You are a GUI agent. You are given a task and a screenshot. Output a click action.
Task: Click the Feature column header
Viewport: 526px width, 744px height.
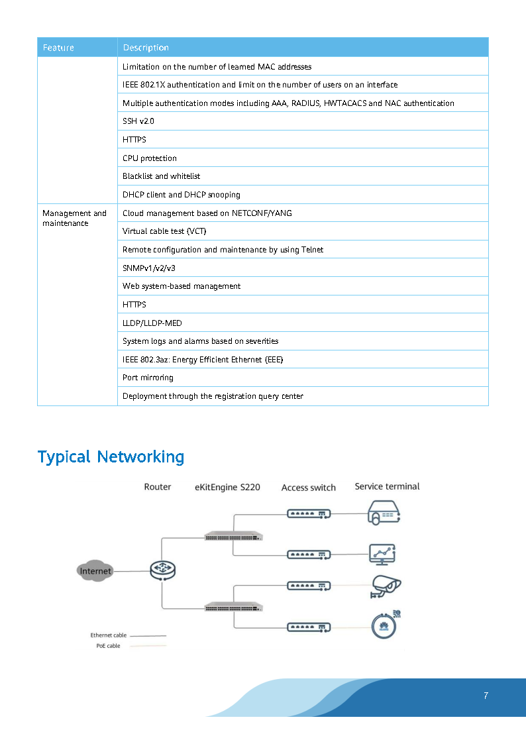tap(58, 48)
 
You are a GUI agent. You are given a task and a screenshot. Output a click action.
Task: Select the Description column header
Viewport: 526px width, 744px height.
tap(146, 48)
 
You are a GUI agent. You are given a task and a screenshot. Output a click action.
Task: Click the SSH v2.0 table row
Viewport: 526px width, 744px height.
tap(138, 121)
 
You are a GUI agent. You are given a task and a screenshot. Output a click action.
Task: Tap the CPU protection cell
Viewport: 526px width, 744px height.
tap(150, 158)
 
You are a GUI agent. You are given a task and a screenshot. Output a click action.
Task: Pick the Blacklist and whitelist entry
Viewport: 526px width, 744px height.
tap(161, 176)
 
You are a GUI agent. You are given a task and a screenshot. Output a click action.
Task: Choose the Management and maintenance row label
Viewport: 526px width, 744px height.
tap(74, 218)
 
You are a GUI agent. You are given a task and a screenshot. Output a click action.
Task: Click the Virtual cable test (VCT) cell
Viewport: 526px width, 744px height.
tap(165, 231)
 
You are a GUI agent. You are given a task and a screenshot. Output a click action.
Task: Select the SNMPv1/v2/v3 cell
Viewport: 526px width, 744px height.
tap(149, 268)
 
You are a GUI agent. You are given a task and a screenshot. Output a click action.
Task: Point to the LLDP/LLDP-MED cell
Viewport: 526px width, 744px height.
tap(152, 323)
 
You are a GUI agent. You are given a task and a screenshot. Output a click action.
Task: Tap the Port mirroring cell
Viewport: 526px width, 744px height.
tap(148, 378)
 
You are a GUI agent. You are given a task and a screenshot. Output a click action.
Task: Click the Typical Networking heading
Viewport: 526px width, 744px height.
tap(111, 456)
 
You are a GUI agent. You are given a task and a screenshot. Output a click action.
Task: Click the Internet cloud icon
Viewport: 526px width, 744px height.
tap(95, 570)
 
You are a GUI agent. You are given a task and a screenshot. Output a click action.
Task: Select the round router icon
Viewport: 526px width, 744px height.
tap(162, 570)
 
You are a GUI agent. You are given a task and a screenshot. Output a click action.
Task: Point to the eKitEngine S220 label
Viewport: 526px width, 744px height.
tap(227, 487)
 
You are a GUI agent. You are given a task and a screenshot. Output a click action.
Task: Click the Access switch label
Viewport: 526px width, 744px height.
tap(308, 488)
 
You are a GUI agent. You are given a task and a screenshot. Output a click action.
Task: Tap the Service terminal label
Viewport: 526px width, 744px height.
tap(387, 486)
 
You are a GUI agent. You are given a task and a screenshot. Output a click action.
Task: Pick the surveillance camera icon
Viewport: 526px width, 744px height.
tap(386, 586)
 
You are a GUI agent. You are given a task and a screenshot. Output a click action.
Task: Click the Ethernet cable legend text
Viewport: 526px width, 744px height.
tap(108, 635)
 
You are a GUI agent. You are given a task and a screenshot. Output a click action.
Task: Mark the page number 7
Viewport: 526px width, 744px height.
tap(486, 696)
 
